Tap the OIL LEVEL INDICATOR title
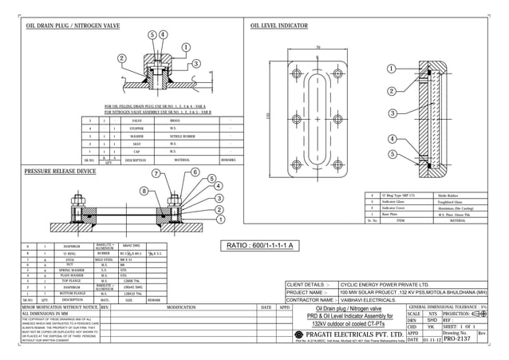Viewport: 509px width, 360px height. [279, 26]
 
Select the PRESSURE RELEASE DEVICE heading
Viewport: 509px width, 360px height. [60, 172]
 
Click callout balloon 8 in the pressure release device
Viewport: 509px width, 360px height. [144, 191]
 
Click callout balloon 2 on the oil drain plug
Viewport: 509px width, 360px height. [121, 58]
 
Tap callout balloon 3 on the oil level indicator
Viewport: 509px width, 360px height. [392, 114]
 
